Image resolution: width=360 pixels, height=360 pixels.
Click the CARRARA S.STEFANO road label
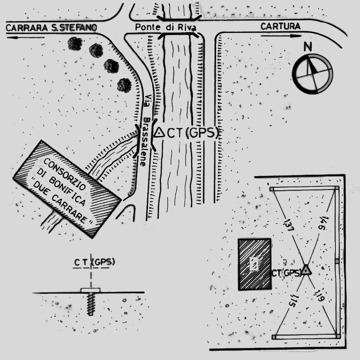pyautogui.click(x=51, y=28)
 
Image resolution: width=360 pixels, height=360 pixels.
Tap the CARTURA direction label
pyautogui.click(x=280, y=26)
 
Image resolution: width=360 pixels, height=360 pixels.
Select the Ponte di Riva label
pyautogui.click(x=166, y=27)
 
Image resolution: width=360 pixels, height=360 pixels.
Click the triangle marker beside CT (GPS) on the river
pyautogui.click(x=159, y=133)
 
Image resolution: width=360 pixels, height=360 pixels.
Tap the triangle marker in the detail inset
pyautogui.click(x=307, y=270)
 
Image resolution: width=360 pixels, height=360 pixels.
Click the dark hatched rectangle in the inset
pyautogui.click(x=254, y=264)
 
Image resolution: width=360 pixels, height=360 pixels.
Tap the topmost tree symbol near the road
pyautogui.click(x=75, y=43)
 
